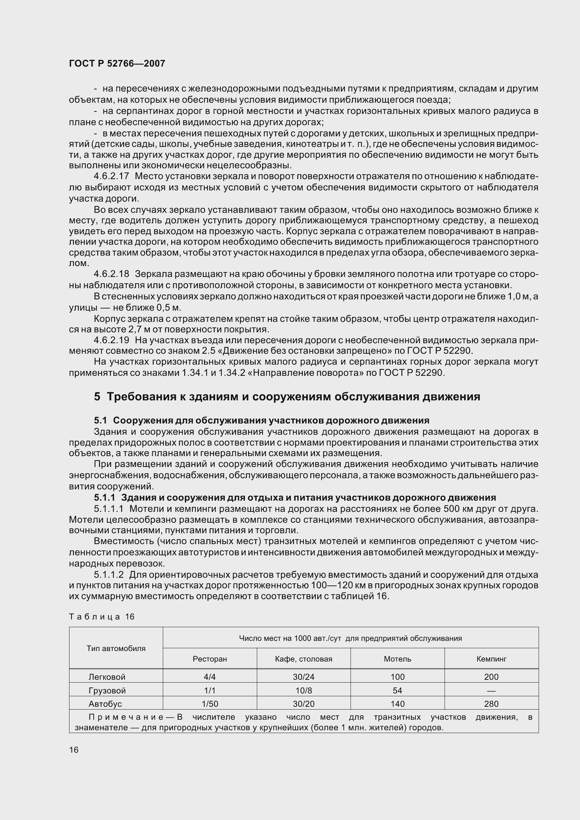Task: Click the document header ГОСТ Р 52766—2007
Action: [x=117, y=63]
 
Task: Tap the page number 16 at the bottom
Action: [x=74, y=750]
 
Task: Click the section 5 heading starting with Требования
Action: [x=287, y=397]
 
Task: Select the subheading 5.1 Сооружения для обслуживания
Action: [x=261, y=420]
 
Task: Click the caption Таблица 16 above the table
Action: [x=101, y=617]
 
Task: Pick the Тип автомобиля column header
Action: [x=116, y=648]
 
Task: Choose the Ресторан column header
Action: [x=210, y=659]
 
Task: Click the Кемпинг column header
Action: [x=491, y=659]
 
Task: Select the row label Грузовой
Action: [x=107, y=690]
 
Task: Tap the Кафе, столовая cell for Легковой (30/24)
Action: [x=304, y=677]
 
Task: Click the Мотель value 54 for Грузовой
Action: [x=398, y=690]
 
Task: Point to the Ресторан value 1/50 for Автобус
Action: [x=210, y=704]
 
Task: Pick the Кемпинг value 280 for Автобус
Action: [x=491, y=704]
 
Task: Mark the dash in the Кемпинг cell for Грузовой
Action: [x=491, y=691]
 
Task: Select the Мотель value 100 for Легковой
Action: [x=398, y=677]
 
